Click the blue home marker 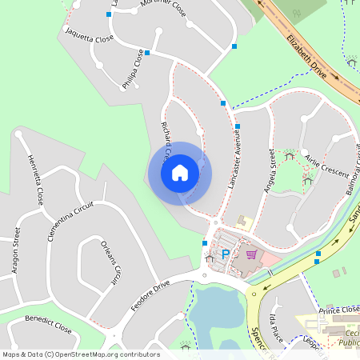point(179,172)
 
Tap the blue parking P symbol point(226,254)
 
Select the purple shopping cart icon point(252,254)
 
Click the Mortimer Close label point(162,9)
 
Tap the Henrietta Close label point(34,179)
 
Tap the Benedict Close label point(48,324)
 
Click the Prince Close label point(338,309)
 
